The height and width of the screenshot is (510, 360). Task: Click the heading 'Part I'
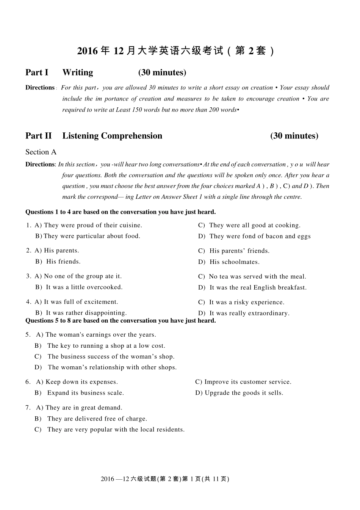pos(37,72)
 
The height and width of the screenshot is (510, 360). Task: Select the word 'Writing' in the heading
pos(78,72)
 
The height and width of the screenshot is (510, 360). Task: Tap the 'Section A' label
pos(41,152)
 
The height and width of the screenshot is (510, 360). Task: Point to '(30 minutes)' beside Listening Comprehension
pos(294,136)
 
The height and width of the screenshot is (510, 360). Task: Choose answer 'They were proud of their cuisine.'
pos(93,225)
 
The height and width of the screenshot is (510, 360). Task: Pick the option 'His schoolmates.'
pos(234,262)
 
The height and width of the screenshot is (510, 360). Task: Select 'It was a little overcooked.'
pos(84,287)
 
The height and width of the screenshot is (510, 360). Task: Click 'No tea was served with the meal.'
pos(257,276)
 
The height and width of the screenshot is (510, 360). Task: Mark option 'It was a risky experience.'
pos(246,302)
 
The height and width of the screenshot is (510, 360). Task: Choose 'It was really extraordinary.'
pos(249,313)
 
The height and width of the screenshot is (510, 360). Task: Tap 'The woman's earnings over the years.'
pos(100,334)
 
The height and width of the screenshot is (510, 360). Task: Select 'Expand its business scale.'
pos(85,393)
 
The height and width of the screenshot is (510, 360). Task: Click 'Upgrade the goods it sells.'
pos(244,393)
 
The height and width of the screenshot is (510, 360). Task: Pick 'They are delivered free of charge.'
pos(97,419)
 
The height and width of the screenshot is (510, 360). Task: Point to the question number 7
pos(28,408)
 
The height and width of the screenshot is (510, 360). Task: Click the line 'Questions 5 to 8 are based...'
pos(121,321)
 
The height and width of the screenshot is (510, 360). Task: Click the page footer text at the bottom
pos(165,479)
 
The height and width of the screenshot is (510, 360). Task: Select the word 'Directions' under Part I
pos(40,88)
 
